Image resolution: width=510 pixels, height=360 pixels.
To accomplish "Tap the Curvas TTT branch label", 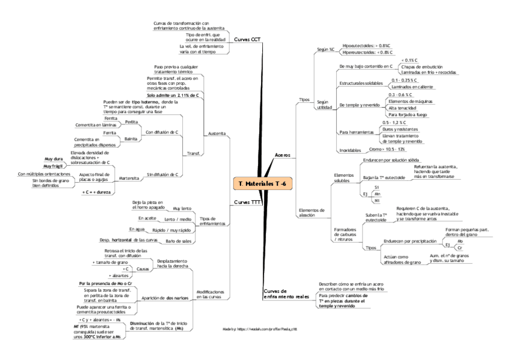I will click(x=247, y=202).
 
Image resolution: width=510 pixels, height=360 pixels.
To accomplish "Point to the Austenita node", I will click(x=217, y=133).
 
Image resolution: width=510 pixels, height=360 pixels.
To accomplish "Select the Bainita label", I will click(x=131, y=139).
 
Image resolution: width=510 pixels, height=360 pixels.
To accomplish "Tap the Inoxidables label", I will click(x=350, y=150).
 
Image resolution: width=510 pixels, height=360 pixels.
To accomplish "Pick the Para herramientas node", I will click(x=353, y=132).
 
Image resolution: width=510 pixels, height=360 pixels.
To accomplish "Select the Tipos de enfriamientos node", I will click(x=212, y=221).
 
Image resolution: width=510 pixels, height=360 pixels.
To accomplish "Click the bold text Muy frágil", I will click(x=54, y=165).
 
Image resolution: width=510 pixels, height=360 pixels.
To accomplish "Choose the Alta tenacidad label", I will click(x=402, y=108).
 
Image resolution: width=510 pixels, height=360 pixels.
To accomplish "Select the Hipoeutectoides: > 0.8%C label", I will click(x=366, y=45).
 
